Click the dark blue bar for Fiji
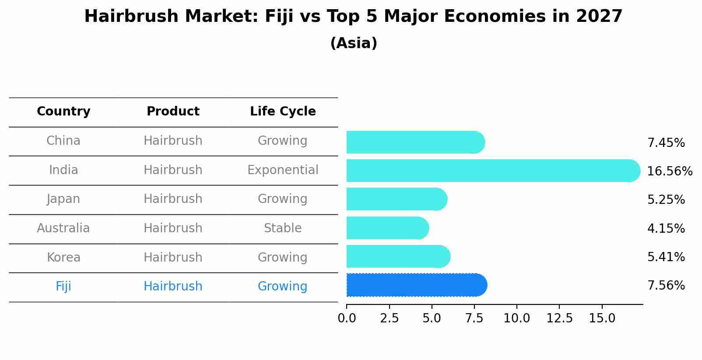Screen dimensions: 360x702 (x=416, y=285)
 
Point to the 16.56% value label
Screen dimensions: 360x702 (x=669, y=171)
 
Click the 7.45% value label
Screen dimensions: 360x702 (x=666, y=143)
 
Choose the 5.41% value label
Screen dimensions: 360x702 (x=666, y=257)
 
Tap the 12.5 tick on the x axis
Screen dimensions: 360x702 (x=559, y=318)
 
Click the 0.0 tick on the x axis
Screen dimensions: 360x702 (x=347, y=318)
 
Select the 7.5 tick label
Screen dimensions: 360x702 (x=474, y=318)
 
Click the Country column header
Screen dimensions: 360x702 (x=63, y=112)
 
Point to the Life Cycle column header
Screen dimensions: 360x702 (x=283, y=112)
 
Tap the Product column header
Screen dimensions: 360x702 (x=173, y=112)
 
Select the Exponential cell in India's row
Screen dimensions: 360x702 (x=283, y=170)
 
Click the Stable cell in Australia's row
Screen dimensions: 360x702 (x=283, y=228)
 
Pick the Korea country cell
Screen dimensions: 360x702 (x=63, y=257)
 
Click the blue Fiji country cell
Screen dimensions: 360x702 (x=63, y=286)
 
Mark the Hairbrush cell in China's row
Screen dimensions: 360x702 (x=173, y=140)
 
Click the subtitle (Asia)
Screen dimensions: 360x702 (x=354, y=43)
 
